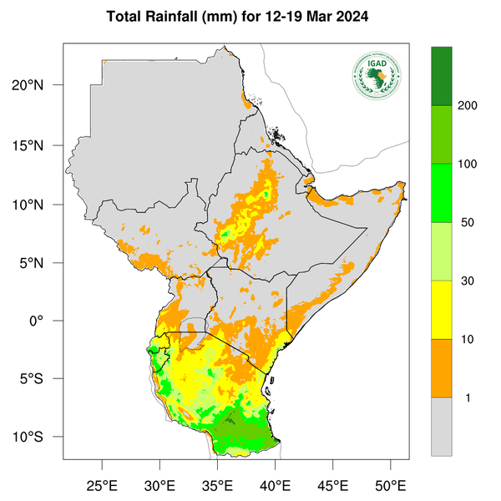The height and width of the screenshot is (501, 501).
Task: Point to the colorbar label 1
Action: point(467,398)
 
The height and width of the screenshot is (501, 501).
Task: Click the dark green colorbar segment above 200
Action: point(441,76)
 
